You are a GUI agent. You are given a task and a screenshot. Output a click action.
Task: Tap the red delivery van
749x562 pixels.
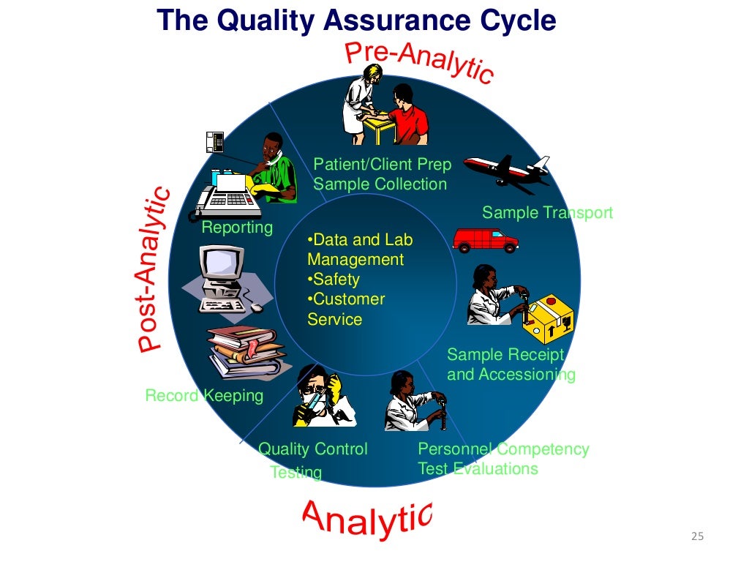click(x=485, y=239)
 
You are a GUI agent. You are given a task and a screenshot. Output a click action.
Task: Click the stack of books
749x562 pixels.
click(x=245, y=353)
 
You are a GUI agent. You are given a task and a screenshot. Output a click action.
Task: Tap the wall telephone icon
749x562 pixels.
click(x=214, y=141)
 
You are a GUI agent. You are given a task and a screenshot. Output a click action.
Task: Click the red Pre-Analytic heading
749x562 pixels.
click(x=419, y=63)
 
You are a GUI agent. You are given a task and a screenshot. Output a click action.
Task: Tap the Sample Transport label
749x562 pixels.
click(x=547, y=213)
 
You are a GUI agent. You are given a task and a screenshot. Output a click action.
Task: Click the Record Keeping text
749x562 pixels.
click(x=204, y=396)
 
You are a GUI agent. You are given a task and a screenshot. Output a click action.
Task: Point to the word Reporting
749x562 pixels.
click(x=237, y=228)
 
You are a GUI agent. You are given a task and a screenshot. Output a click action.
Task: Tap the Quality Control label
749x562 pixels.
click(x=313, y=449)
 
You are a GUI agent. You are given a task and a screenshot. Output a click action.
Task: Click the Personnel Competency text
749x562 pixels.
click(x=503, y=449)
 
